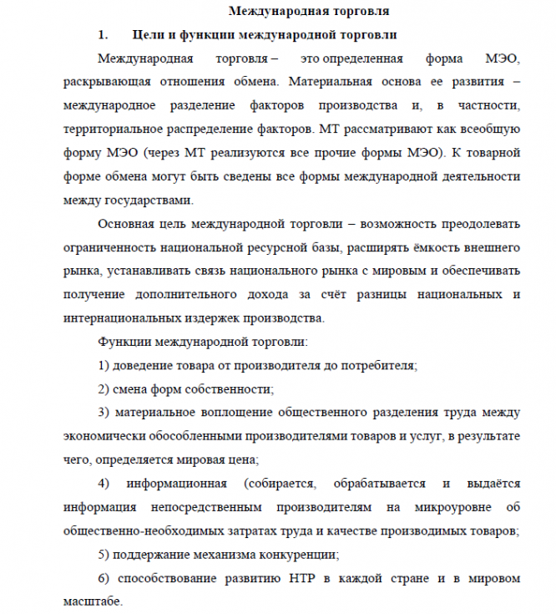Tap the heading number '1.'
click(104, 35)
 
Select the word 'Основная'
click(126, 224)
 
